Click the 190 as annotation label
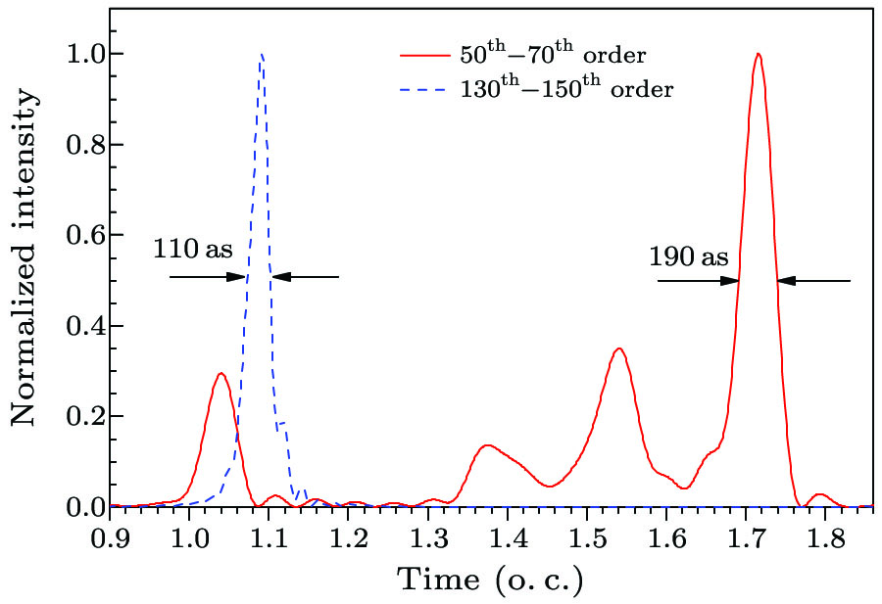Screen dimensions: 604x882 [x=688, y=257]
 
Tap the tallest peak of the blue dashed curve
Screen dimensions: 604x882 [x=262, y=55]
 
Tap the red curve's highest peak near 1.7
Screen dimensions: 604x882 [x=758, y=54]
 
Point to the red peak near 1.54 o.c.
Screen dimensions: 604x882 [x=617, y=348]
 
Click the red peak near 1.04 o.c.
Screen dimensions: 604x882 [x=220, y=373]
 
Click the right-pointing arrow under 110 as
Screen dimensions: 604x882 [x=208, y=277]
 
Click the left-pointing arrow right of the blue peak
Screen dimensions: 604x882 [x=306, y=277]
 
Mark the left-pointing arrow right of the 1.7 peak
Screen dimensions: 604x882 [x=813, y=281]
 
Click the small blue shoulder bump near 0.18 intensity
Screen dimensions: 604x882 [x=283, y=423]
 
